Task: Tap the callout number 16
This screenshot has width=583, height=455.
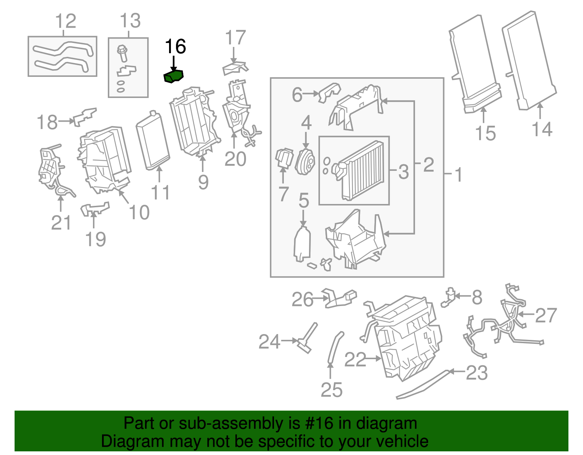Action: tap(176, 47)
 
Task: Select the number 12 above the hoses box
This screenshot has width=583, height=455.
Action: tap(66, 21)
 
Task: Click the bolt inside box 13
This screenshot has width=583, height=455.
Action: tap(122, 53)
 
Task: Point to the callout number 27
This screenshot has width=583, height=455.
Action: tap(546, 315)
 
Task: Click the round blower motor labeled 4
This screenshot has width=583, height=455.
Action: tap(305, 162)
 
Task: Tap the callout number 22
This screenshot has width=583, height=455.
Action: tap(355, 360)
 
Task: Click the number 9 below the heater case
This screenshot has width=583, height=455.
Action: tap(203, 182)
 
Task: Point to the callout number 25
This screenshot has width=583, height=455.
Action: tap(332, 390)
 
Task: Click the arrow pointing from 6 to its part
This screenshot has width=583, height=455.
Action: tap(311, 94)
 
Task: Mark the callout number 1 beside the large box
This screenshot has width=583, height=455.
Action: tap(459, 174)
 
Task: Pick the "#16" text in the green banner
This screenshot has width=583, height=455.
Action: tap(316, 424)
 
